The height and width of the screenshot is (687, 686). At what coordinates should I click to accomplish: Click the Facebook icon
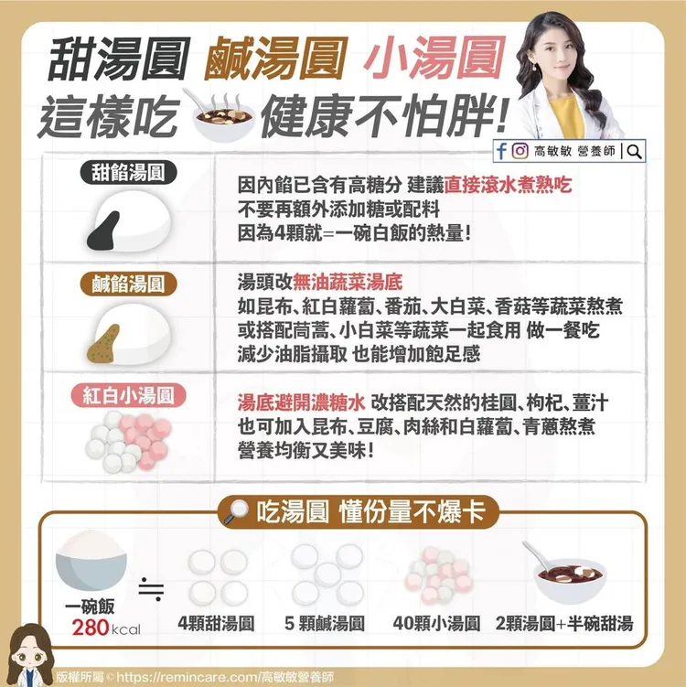501,151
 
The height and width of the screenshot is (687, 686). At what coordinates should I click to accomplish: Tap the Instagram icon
520,151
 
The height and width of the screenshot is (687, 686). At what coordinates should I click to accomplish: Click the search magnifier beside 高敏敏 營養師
634,152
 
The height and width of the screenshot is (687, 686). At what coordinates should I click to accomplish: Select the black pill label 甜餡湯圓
128,172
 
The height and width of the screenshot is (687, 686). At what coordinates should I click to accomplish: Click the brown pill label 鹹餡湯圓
128,284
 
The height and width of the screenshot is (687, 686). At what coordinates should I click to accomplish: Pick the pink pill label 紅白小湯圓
128,395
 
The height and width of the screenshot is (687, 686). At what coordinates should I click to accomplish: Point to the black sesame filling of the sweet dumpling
103,231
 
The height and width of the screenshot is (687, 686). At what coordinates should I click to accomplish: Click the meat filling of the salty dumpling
103,344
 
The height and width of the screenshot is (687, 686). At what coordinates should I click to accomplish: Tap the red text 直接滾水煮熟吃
509,185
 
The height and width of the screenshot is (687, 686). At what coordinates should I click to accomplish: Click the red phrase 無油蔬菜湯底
348,282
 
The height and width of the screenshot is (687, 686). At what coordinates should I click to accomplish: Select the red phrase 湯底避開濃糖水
302,403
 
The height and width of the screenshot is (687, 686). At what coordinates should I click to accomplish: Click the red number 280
91,628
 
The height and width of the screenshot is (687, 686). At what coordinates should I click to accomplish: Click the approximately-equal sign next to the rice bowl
151,589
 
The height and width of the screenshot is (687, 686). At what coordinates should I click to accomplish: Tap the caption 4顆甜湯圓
217,624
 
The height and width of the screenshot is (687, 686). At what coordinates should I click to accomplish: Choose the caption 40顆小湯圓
436,624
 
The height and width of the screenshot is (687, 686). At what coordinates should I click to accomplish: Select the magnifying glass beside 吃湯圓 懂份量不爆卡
236,511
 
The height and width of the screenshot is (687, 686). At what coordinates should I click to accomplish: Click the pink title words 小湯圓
434,58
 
